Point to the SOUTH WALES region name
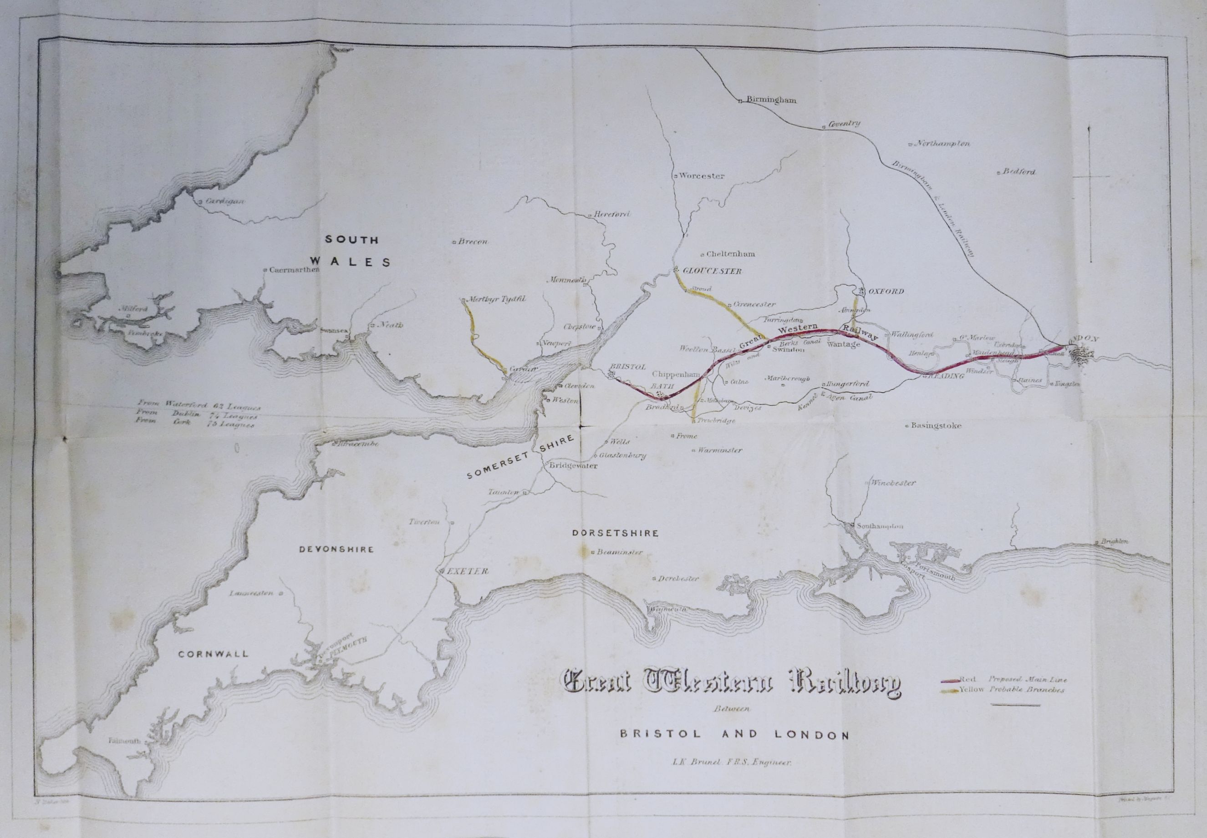point(351,251)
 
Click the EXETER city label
point(468,571)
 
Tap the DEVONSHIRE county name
point(336,549)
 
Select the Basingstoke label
point(936,425)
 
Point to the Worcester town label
point(701,176)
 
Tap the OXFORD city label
point(886,292)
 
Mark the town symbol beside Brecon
point(454,242)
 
